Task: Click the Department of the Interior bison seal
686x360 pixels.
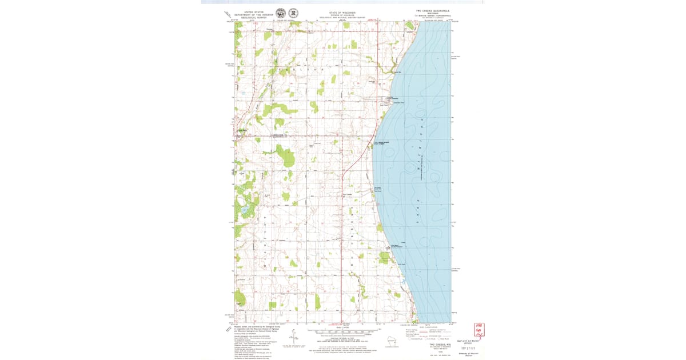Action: tap(280, 13)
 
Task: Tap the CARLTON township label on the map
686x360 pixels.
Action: tap(320, 70)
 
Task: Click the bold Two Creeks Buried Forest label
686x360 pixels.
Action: tap(381, 143)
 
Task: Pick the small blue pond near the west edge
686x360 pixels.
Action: tap(245, 210)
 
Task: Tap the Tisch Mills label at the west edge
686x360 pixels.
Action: tap(242, 130)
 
